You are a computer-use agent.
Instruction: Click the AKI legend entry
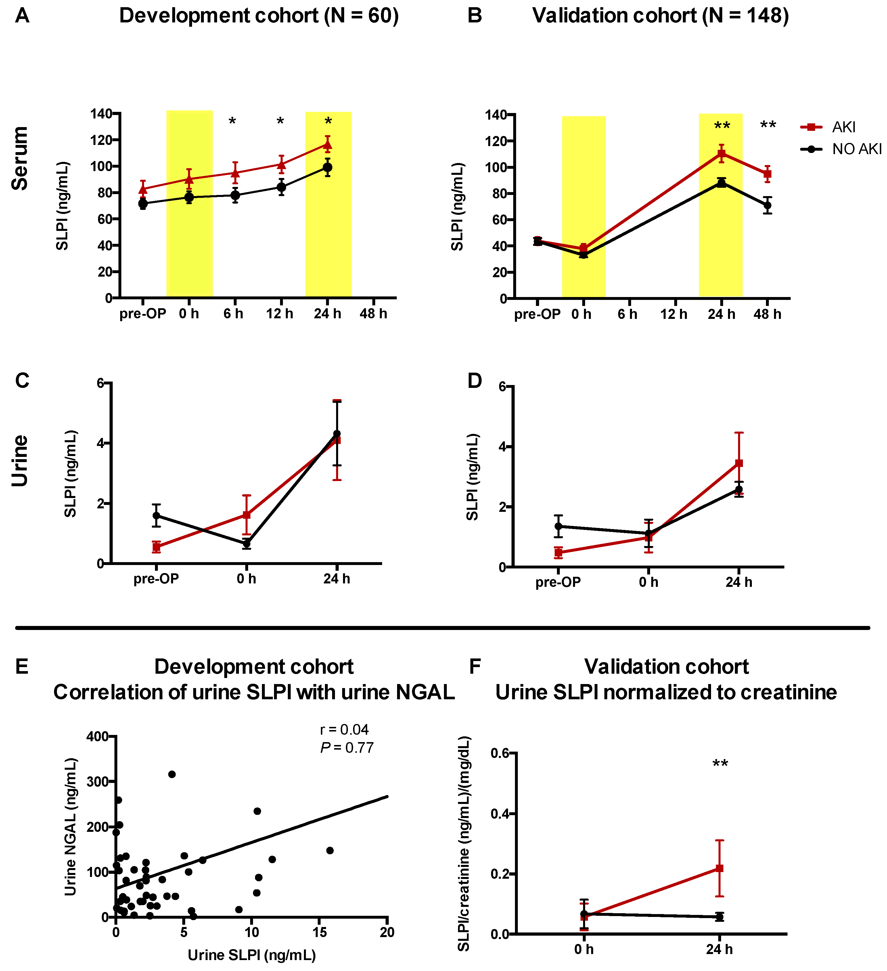pos(843,127)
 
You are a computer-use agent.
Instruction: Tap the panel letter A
pos(22,16)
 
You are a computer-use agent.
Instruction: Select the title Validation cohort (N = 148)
pos(660,16)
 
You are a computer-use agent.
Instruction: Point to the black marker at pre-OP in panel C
pos(156,515)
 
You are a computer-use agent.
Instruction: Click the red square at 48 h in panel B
pos(768,174)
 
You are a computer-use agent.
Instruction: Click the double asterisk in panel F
pos(720,763)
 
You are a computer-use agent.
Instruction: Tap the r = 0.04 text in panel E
pos(344,730)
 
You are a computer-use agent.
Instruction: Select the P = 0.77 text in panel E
pos(347,748)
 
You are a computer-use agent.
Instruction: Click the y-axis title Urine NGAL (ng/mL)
pos(71,826)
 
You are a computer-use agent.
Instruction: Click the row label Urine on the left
pos(20,461)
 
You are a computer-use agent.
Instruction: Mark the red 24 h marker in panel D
pos(739,463)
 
